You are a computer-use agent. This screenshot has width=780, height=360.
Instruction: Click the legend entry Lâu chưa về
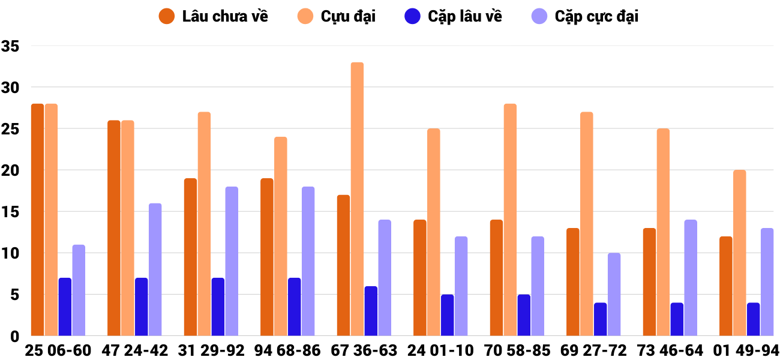pyautogui.click(x=214, y=16)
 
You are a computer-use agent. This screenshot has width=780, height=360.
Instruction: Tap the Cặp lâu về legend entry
pyautogui.click(x=454, y=16)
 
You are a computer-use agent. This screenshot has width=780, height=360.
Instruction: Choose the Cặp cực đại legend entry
pyautogui.click(x=585, y=16)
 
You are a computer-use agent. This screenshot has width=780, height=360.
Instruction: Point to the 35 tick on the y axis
pyautogui.click(x=11, y=46)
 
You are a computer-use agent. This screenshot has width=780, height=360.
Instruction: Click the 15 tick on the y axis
pyautogui.click(x=11, y=212)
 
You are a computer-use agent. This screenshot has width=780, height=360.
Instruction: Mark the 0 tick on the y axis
pyautogui.click(x=14, y=336)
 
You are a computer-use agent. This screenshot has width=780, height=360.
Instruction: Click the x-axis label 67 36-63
pyautogui.click(x=364, y=350)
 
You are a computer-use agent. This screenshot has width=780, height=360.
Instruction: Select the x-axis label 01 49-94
pyautogui.click(x=746, y=350)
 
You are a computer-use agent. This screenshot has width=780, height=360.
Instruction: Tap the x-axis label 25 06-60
pyautogui.click(x=58, y=350)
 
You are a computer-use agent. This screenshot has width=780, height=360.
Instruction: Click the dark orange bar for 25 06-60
pyautogui.click(x=37, y=220)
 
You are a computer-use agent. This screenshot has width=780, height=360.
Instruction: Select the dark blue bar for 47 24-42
pyautogui.click(x=141, y=307)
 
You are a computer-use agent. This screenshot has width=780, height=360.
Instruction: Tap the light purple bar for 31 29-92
pyautogui.click(x=232, y=261)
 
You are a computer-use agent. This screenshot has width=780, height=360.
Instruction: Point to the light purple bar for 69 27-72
pyautogui.click(x=614, y=294)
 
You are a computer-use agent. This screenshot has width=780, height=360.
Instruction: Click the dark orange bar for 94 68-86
pyautogui.click(x=266, y=257)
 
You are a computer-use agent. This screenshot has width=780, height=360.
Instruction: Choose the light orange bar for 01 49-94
pyautogui.click(x=739, y=253)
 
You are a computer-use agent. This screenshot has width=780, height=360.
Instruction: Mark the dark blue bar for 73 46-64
pyautogui.click(x=677, y=319)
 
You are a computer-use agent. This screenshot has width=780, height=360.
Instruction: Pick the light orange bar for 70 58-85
pyautogui.click(x=510, y=220)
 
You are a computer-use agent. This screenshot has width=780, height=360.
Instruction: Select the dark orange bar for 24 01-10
pyautogui.click(x=419, y=278)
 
